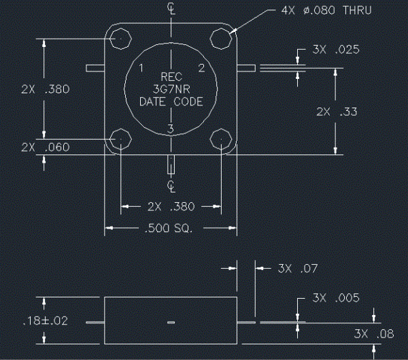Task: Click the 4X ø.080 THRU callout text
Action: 326,10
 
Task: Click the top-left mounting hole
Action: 121,39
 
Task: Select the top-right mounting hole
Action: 221,39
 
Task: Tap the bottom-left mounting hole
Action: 121,139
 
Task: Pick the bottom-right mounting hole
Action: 221,139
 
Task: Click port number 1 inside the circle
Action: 141,68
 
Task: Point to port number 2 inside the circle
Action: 202,68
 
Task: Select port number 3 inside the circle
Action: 171,129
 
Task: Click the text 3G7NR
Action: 171,89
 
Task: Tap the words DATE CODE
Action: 171,101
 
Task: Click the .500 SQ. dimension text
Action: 169,228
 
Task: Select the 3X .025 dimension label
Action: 336,50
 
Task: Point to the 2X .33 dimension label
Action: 337,112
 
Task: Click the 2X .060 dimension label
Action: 46,148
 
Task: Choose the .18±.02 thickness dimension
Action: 46,321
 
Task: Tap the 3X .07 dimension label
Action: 298,269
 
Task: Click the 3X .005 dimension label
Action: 336,298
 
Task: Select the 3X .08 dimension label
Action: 374,333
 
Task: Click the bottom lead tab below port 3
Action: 171,165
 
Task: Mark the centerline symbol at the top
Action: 171,8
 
